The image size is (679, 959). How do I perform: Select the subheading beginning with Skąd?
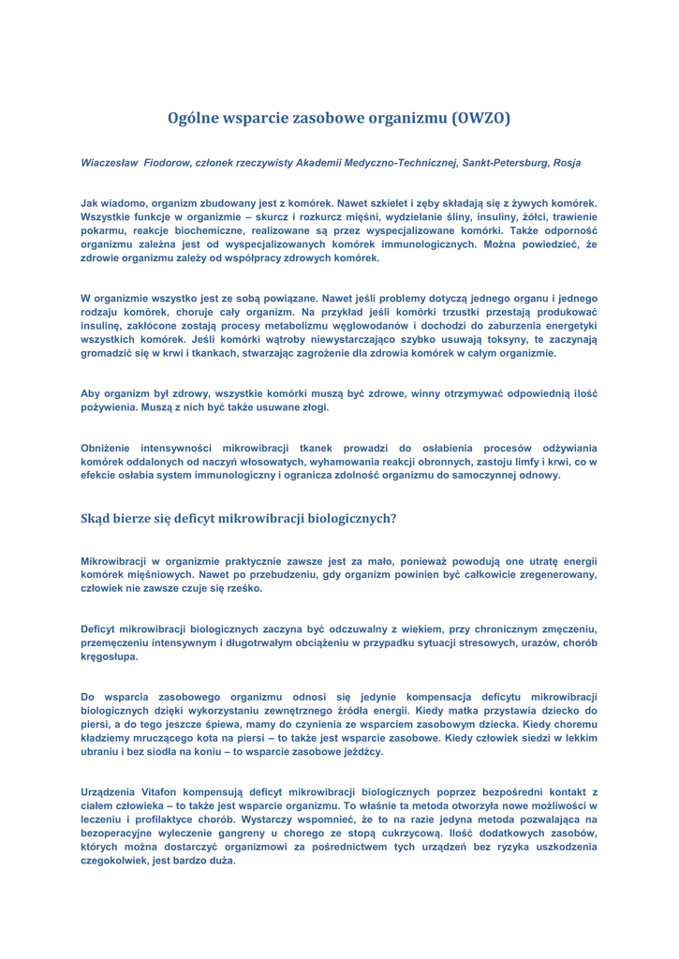coord(239,517)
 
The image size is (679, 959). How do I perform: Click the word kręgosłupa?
coord(110,657)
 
